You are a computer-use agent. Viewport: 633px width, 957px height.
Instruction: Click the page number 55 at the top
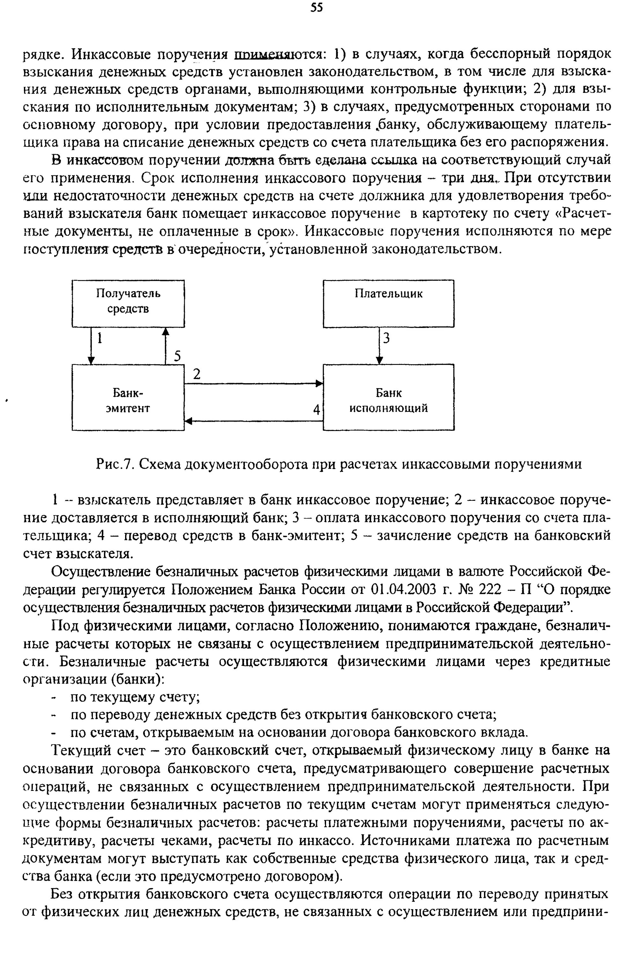pos(317,8)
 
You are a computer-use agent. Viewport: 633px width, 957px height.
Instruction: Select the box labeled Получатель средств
pos(128,303)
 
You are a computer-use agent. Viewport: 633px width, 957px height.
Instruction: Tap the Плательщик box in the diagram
pos(388,303)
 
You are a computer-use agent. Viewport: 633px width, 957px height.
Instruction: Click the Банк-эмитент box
pos(128,397)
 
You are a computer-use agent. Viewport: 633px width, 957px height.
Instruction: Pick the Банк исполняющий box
pos(388,397)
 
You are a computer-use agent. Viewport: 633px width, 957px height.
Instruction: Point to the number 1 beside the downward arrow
pos(99,338)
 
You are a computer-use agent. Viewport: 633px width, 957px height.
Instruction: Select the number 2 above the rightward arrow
pos(197,375)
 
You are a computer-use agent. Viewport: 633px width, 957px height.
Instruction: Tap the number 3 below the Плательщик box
pos(386,338)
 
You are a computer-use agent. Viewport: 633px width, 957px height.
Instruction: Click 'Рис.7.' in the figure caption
pos(115,464)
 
